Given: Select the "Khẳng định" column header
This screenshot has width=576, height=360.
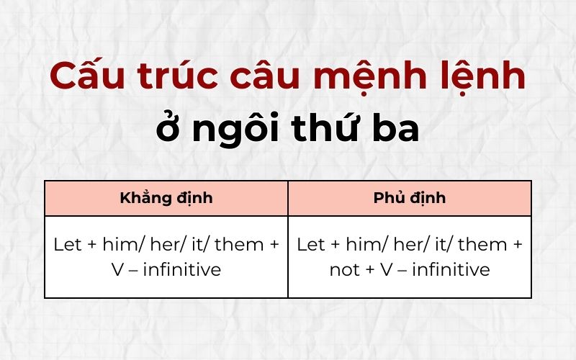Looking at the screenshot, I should click(166, 198).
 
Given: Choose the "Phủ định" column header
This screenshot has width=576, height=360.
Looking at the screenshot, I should click(410, 198).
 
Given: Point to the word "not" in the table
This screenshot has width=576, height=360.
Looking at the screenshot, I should click(343, 270).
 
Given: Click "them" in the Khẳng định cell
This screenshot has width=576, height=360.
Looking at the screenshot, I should click(240, 245).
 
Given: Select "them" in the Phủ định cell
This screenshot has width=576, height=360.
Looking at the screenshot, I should click(483, 245).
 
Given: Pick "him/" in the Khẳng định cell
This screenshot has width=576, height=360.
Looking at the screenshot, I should click(122, 245).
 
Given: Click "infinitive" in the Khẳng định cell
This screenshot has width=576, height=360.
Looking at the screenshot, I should click(183, 270).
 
